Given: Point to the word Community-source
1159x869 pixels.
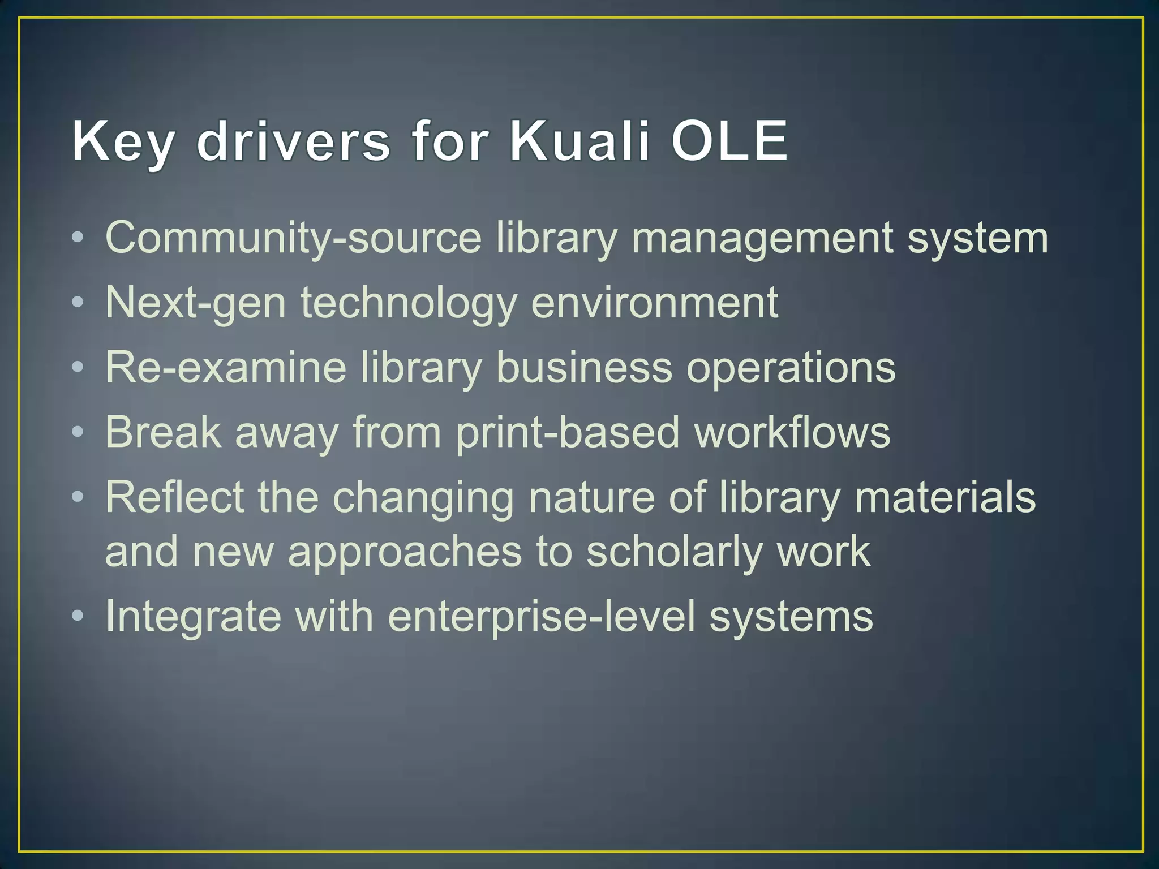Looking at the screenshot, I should coord(293,238).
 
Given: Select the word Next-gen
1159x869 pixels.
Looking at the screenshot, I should coord(195,303).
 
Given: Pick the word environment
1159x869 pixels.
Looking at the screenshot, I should coord(654,303).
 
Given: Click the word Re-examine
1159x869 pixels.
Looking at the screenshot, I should coord(226,368).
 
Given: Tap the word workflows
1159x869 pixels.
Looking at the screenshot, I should coord(792,432).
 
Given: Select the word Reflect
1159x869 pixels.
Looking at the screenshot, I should coord(175,497).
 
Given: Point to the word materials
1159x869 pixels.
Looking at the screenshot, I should coord(945,497).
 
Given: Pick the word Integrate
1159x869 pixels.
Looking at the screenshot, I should coord(193,617).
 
